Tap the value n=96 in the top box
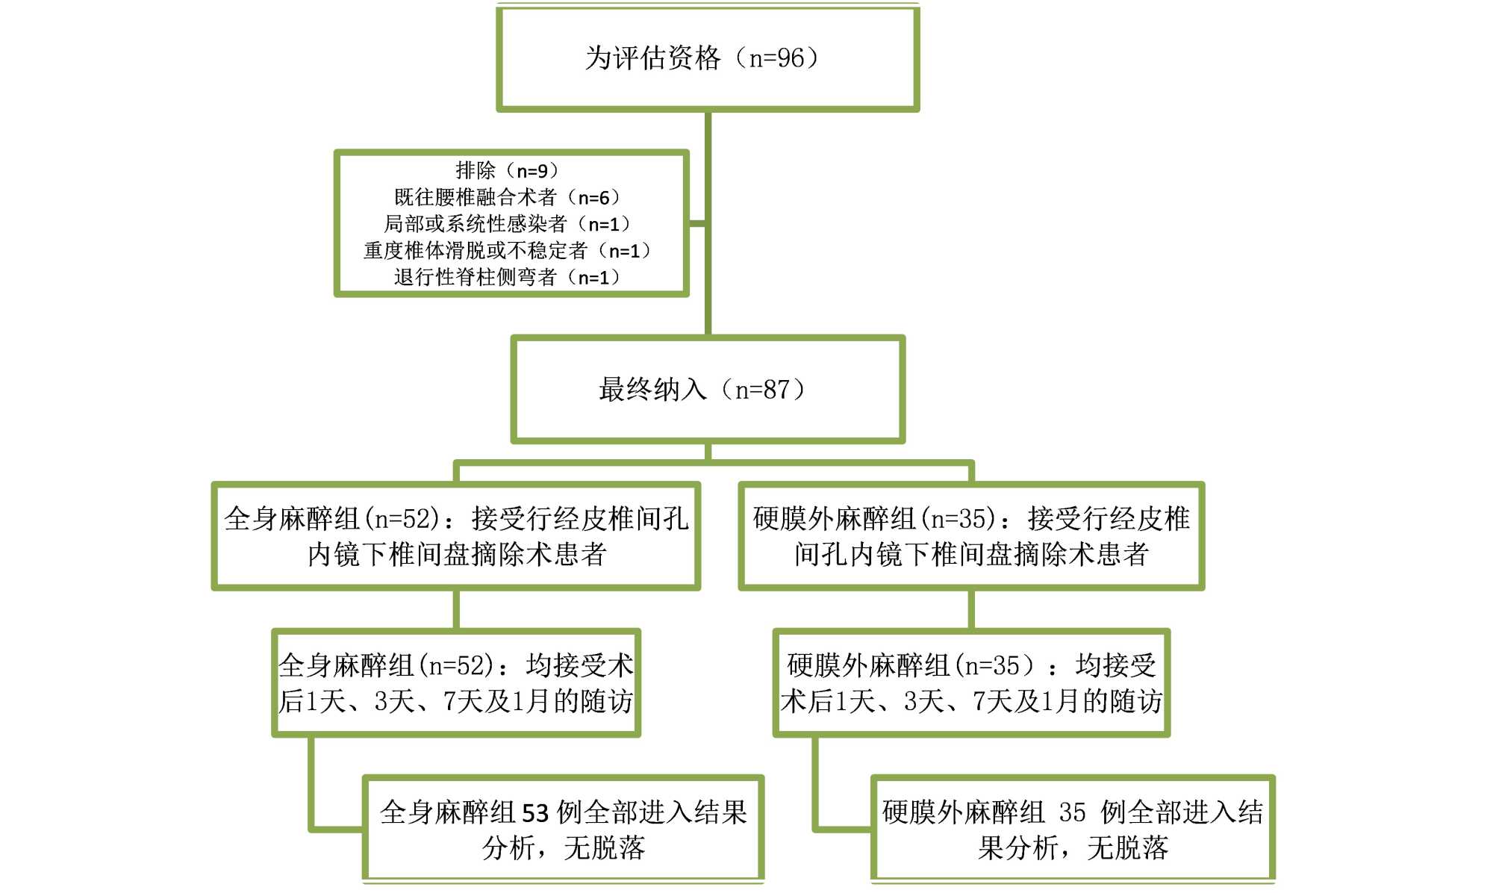pos(776,58)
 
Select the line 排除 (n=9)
pos(508,171)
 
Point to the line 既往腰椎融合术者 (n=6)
pos(508,198)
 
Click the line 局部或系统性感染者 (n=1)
pos(508,224)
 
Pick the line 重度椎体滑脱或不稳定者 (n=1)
pos(508,251)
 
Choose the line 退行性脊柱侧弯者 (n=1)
pos(508,278)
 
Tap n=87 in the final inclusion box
pos(762,390)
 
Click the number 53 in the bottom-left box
pos(535,812)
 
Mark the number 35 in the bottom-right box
pos(1072,812)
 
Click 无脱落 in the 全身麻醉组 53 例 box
pos(604,848)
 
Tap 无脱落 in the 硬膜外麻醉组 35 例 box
pos(1127,848)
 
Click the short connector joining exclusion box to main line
pos(696,223)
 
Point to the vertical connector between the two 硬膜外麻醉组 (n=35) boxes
pos(971,609)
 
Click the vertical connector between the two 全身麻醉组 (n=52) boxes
pos(456,609)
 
